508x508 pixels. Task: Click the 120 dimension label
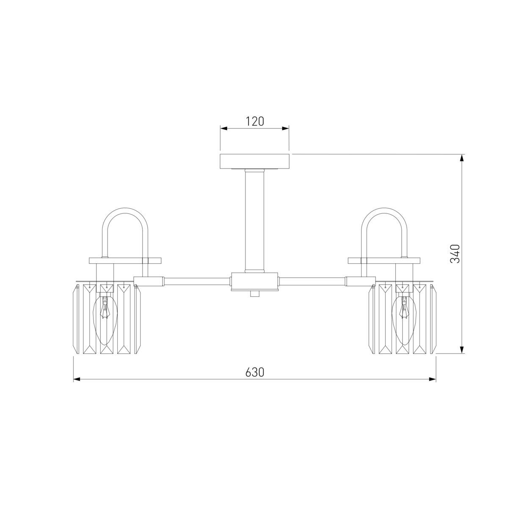click(255, 121)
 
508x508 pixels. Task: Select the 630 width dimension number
click(255, 372)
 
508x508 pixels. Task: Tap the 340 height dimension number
click(455, 254)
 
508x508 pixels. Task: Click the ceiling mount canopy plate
click(255, 161)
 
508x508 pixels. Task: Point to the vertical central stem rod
click(254, 221)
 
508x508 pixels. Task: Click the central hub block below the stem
click(254, 282)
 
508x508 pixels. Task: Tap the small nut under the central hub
click(254, 294)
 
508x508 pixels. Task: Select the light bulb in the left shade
click(106, 320)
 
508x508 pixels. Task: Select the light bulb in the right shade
click(403, 320)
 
